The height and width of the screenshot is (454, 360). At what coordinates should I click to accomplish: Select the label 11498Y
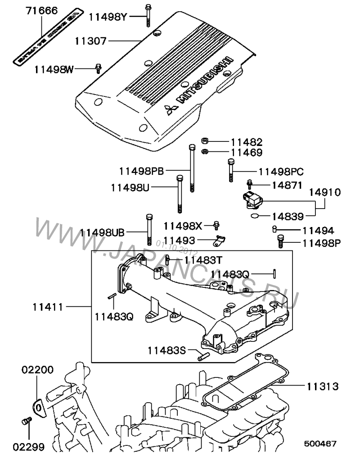click(x=108, y=17)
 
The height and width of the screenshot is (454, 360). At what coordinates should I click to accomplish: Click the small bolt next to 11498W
click(x=98, y=68)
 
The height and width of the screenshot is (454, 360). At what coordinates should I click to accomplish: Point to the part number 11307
click(x=90, y=42)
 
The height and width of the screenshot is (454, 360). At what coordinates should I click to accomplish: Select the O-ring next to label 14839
click(x=255, y=216)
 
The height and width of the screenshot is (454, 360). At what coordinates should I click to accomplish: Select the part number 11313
click(x=323, y=386)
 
